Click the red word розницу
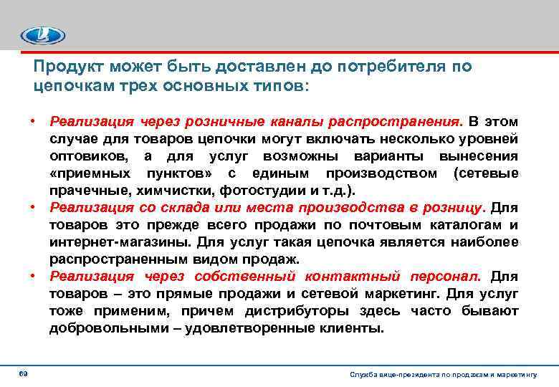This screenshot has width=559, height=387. [452, 208]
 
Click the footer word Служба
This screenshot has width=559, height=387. [362, 374]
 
